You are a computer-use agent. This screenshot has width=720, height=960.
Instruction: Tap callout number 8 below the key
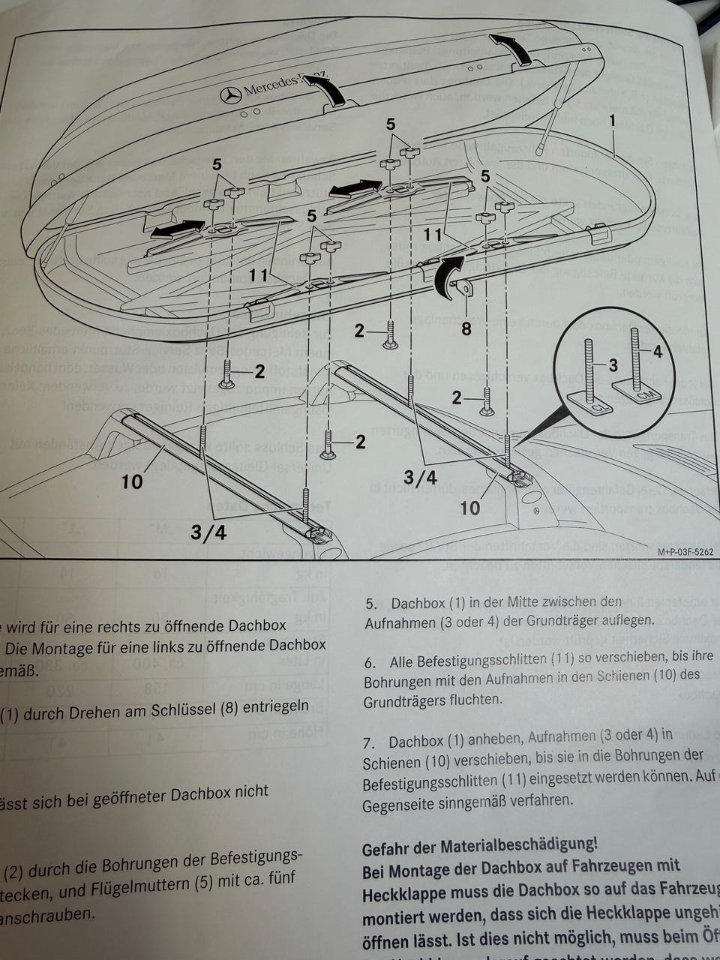pos(466,328)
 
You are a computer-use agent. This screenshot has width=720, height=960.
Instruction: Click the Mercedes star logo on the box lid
pos(231,95)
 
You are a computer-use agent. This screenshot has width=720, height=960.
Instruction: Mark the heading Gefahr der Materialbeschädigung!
pos(480,847)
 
